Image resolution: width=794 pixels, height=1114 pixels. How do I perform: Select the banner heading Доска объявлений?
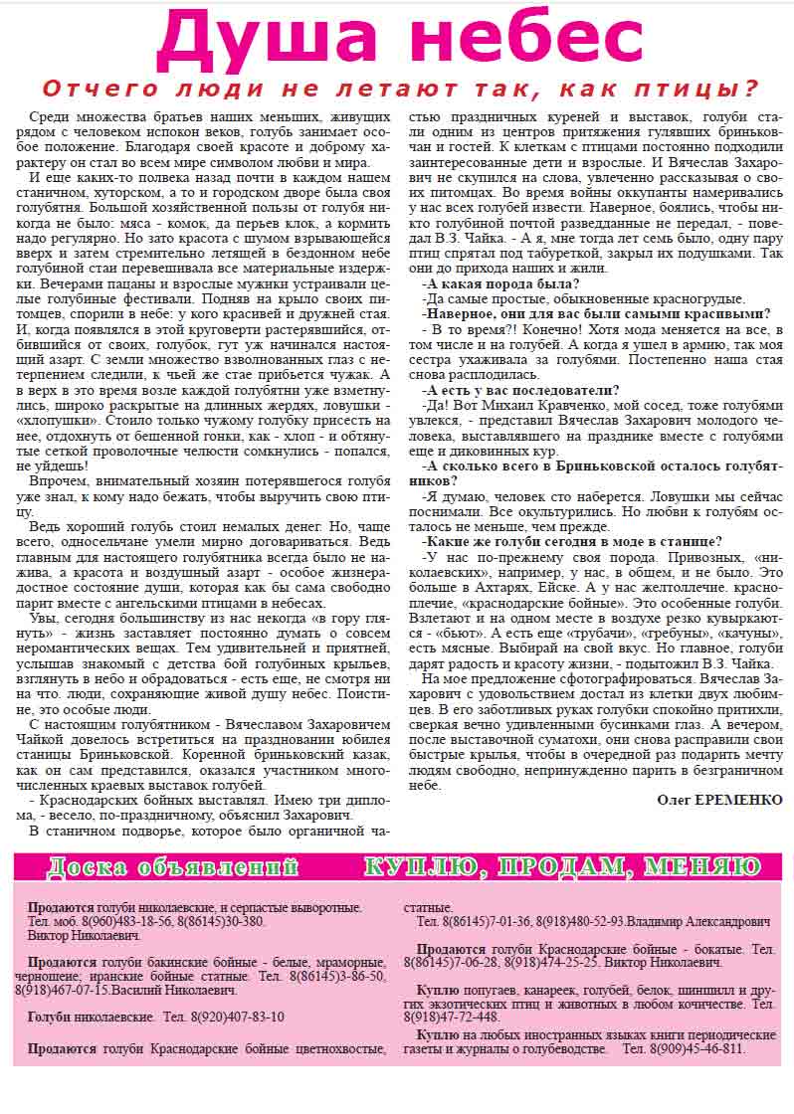[173, 867]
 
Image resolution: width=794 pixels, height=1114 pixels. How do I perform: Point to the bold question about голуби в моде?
[573, 541]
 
